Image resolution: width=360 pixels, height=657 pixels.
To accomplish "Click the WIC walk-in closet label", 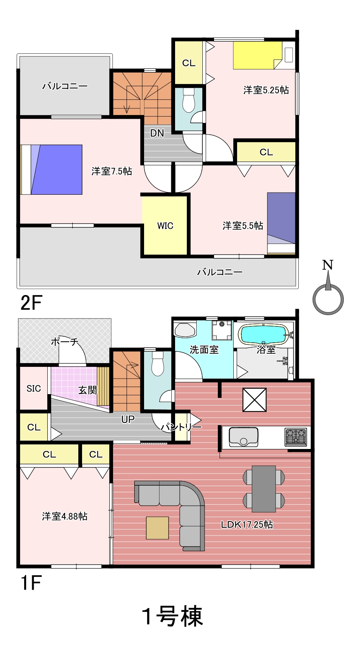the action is (x=165, y=226).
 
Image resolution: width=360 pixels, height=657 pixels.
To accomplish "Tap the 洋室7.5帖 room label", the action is (x=112, y=171).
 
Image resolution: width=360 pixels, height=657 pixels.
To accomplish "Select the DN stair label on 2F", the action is (x=157, y=133).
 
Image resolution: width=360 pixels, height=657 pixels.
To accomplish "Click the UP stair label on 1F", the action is (x=128, y=419).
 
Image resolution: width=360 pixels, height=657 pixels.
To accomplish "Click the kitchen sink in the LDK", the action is (x=244, y=437).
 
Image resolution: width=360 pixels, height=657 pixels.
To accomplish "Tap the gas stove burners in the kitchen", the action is (x=296, y=437).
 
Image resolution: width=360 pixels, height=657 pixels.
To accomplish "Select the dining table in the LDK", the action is (x=264, y=489).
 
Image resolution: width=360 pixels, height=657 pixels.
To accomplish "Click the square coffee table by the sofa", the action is (x=157, y=528).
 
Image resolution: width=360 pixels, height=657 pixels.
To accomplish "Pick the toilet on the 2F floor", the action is (x=188, y=101).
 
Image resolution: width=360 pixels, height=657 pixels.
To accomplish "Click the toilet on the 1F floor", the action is (x=157, y=364).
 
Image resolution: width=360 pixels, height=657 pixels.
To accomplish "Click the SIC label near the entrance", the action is (x=34, y=388).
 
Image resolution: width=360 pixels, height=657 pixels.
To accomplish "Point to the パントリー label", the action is (x=181, y=427).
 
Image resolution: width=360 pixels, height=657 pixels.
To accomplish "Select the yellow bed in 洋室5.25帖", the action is (x=258, y=55).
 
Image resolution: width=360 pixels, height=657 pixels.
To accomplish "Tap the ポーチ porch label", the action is (x=64, y=342).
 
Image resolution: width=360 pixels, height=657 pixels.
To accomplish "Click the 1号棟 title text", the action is (x=172, y=617).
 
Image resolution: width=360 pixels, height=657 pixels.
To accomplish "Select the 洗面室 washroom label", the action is (x=204, y=349).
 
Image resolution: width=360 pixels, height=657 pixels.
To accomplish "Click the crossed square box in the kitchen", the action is (x=254, y=400).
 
